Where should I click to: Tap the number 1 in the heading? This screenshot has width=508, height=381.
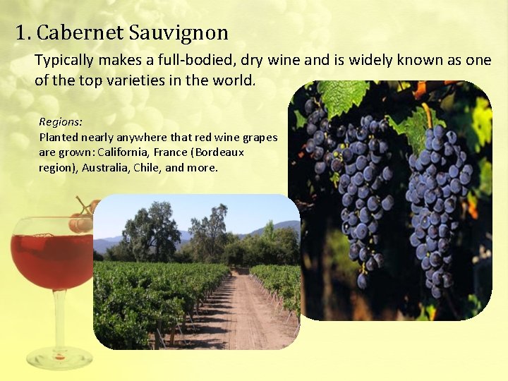[21, 32]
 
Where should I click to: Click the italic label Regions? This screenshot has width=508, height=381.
[61, 122]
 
